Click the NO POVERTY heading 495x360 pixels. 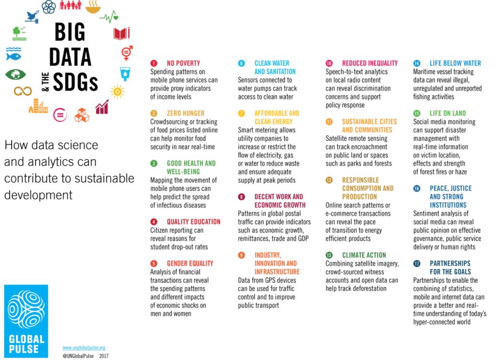183,63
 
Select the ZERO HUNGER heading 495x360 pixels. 186,114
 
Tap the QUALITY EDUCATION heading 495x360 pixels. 193,222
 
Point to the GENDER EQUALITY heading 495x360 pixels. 190,263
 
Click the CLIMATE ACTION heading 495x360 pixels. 364,255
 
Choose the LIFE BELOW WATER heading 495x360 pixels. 455,63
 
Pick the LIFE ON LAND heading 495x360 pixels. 448,114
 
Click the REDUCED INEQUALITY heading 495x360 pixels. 370,63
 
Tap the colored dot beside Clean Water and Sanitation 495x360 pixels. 241,63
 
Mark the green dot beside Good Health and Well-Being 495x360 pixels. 154,164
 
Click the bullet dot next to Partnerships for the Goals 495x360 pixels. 417,263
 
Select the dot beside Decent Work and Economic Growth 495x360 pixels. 241,197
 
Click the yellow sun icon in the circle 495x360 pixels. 116,91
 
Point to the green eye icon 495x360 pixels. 13,75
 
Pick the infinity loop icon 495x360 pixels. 23,91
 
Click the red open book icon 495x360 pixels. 119,34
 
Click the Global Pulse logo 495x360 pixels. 26,321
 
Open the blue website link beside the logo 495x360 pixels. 84,347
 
